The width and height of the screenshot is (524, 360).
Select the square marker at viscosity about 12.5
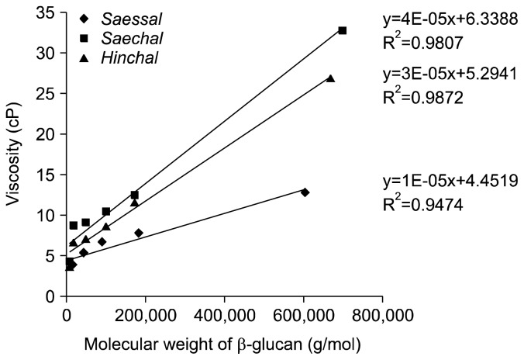click(x=134, y=195)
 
